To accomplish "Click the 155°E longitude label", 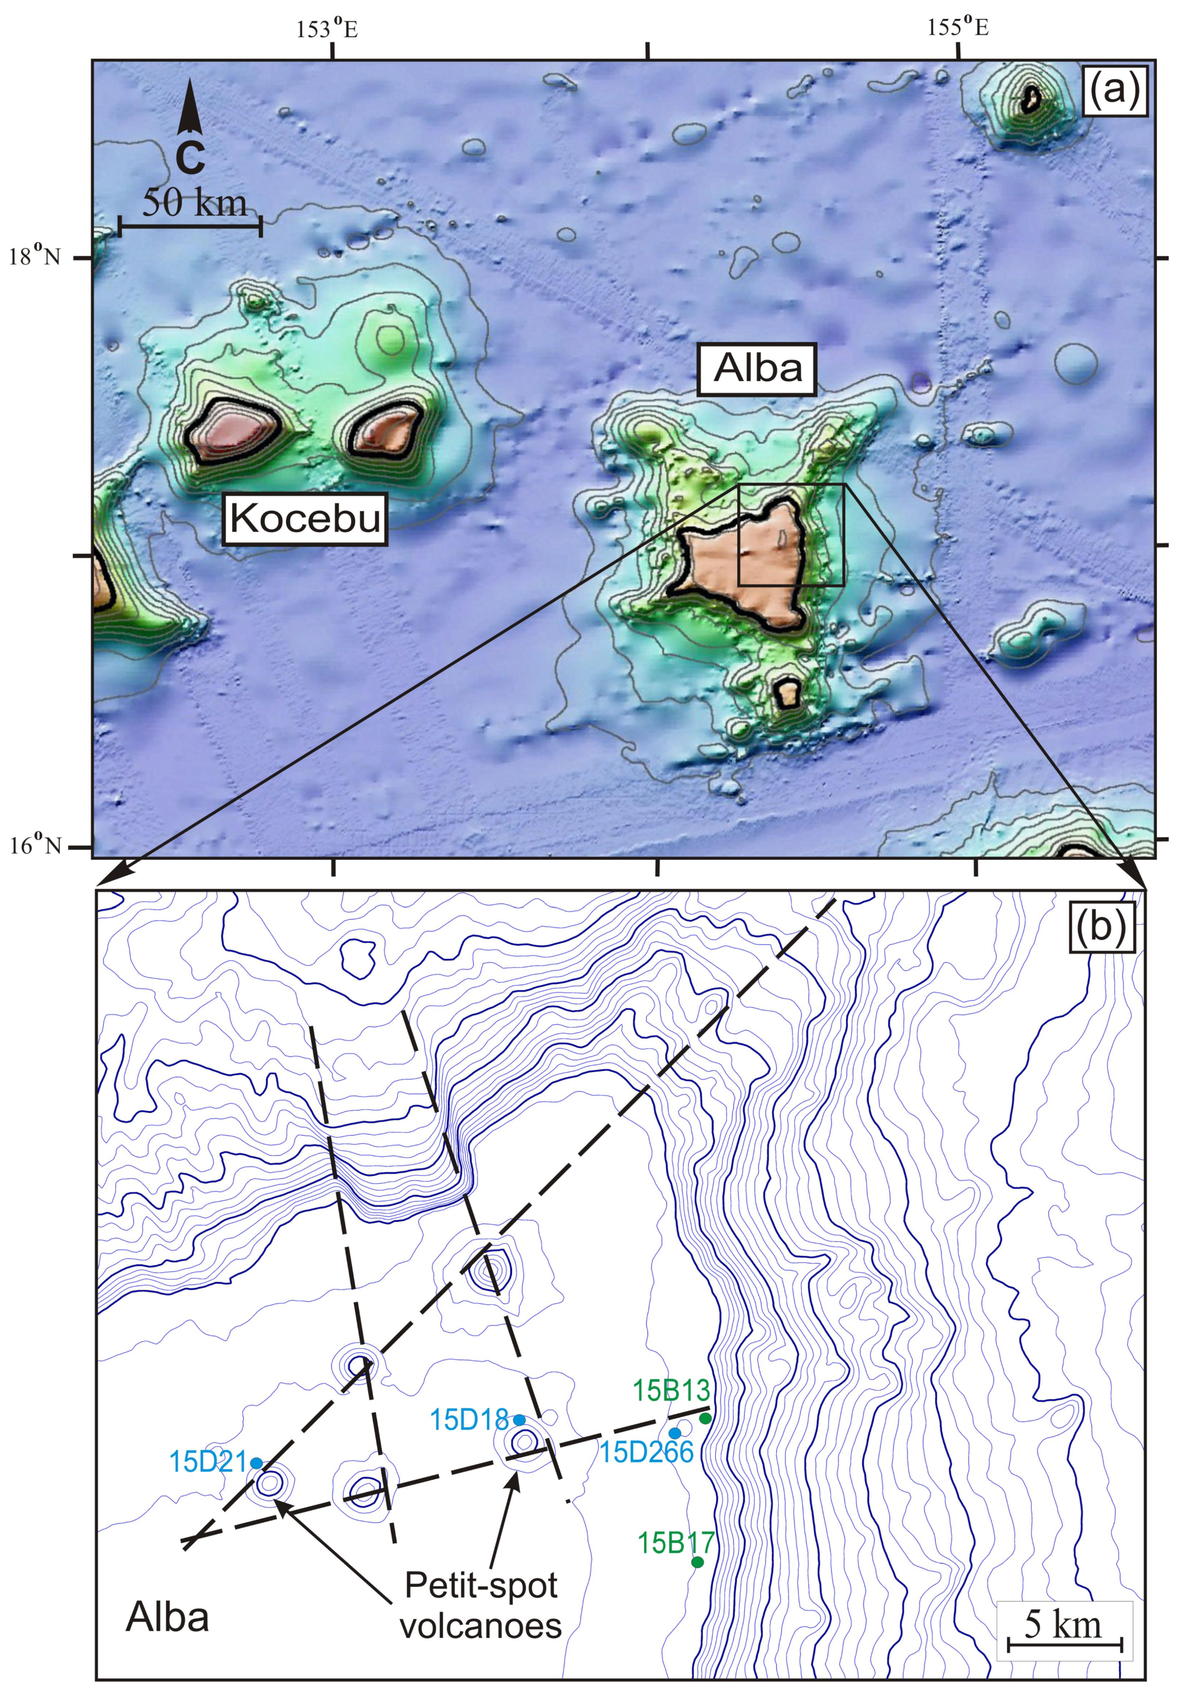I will click(957, 28).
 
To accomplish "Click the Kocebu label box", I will click(305, 518).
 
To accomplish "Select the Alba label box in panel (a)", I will click(758, 368).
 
